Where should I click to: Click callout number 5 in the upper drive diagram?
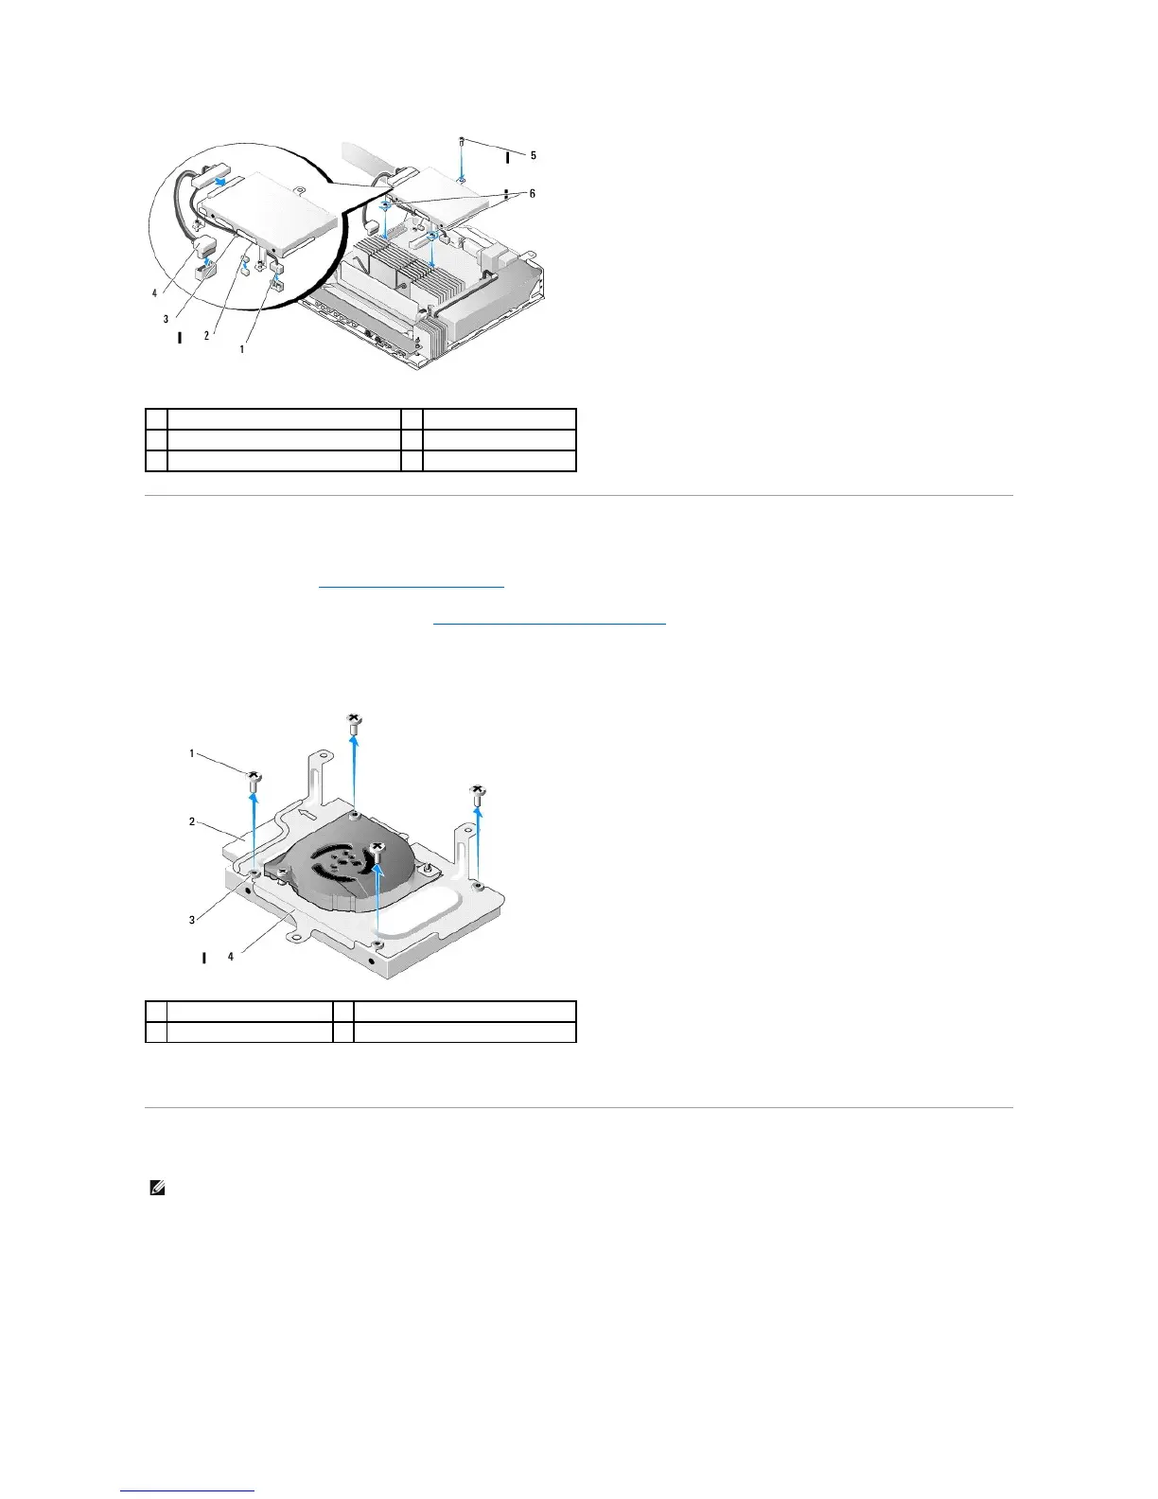tap(533, 155)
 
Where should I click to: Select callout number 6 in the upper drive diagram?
tap(533, 193)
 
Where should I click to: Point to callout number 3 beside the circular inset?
tap(166, 319)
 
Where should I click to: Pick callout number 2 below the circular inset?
tap(207, 335)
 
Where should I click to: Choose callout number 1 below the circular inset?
tap(241, 348)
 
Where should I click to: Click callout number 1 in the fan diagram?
tap(192, 753)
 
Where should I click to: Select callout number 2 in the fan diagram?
tap(192, 821)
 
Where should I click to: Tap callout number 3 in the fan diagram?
tap(192, 919)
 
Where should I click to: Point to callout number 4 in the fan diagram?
tap(230, 957)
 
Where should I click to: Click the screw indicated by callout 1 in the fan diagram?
tap(254, 781)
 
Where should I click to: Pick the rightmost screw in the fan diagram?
tap(479, 794)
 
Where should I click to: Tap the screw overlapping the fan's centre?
tap(377, 850)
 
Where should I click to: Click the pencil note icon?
tap(157, 1189)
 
